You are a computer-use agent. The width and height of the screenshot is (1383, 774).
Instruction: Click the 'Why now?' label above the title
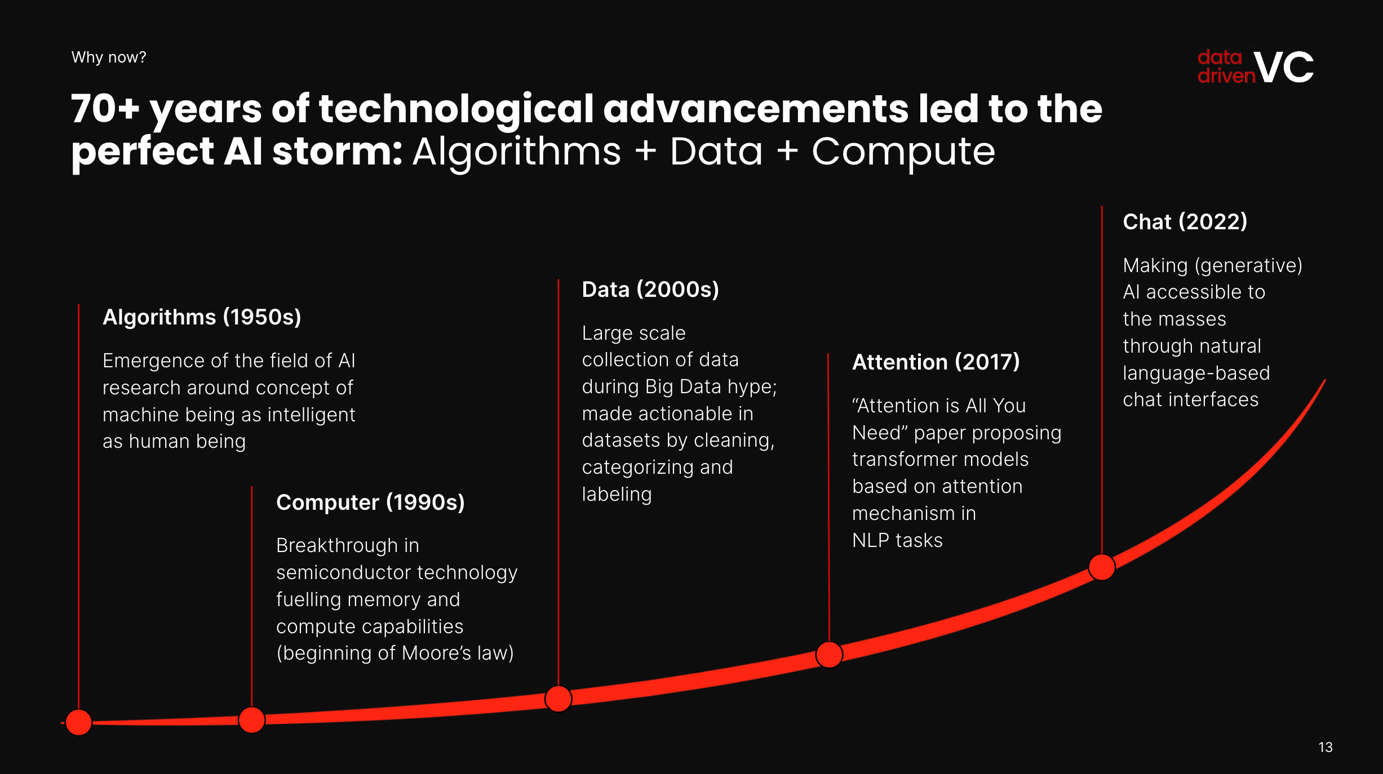[x=109, y=57]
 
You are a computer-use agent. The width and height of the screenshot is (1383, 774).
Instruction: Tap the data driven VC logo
[x=1255, y=67]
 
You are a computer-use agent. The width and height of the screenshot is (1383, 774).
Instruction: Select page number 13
[x=1326, y=747]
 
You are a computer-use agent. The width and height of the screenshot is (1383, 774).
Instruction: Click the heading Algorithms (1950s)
[x=202, y=317]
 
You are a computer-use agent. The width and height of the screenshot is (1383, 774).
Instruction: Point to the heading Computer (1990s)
[x=370, y=502]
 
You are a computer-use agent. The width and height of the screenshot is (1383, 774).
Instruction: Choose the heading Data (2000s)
[x=650, y=290]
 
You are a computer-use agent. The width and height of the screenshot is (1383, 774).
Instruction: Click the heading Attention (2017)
[x=936, y=362]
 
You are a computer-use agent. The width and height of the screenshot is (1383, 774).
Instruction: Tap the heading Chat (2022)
[x=1185, y=221]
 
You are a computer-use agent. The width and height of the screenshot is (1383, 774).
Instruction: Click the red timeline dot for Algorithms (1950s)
[x=79, y=722]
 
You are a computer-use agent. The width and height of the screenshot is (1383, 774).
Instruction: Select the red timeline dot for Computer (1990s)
[x=251, y=720]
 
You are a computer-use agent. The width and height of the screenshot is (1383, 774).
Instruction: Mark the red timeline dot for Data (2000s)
[x=558, y=699]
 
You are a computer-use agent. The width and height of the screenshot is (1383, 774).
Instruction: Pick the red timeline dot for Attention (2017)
[x=829, y=655]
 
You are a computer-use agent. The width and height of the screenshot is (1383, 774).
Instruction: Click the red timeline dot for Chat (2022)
[x=1102, y=567]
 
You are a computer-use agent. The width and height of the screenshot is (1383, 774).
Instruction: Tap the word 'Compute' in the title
[x=903, y=153]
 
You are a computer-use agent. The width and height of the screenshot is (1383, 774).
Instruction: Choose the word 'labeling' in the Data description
[x=617, y=495]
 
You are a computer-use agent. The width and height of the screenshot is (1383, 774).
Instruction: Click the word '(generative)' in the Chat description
[x=1248, y=265]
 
